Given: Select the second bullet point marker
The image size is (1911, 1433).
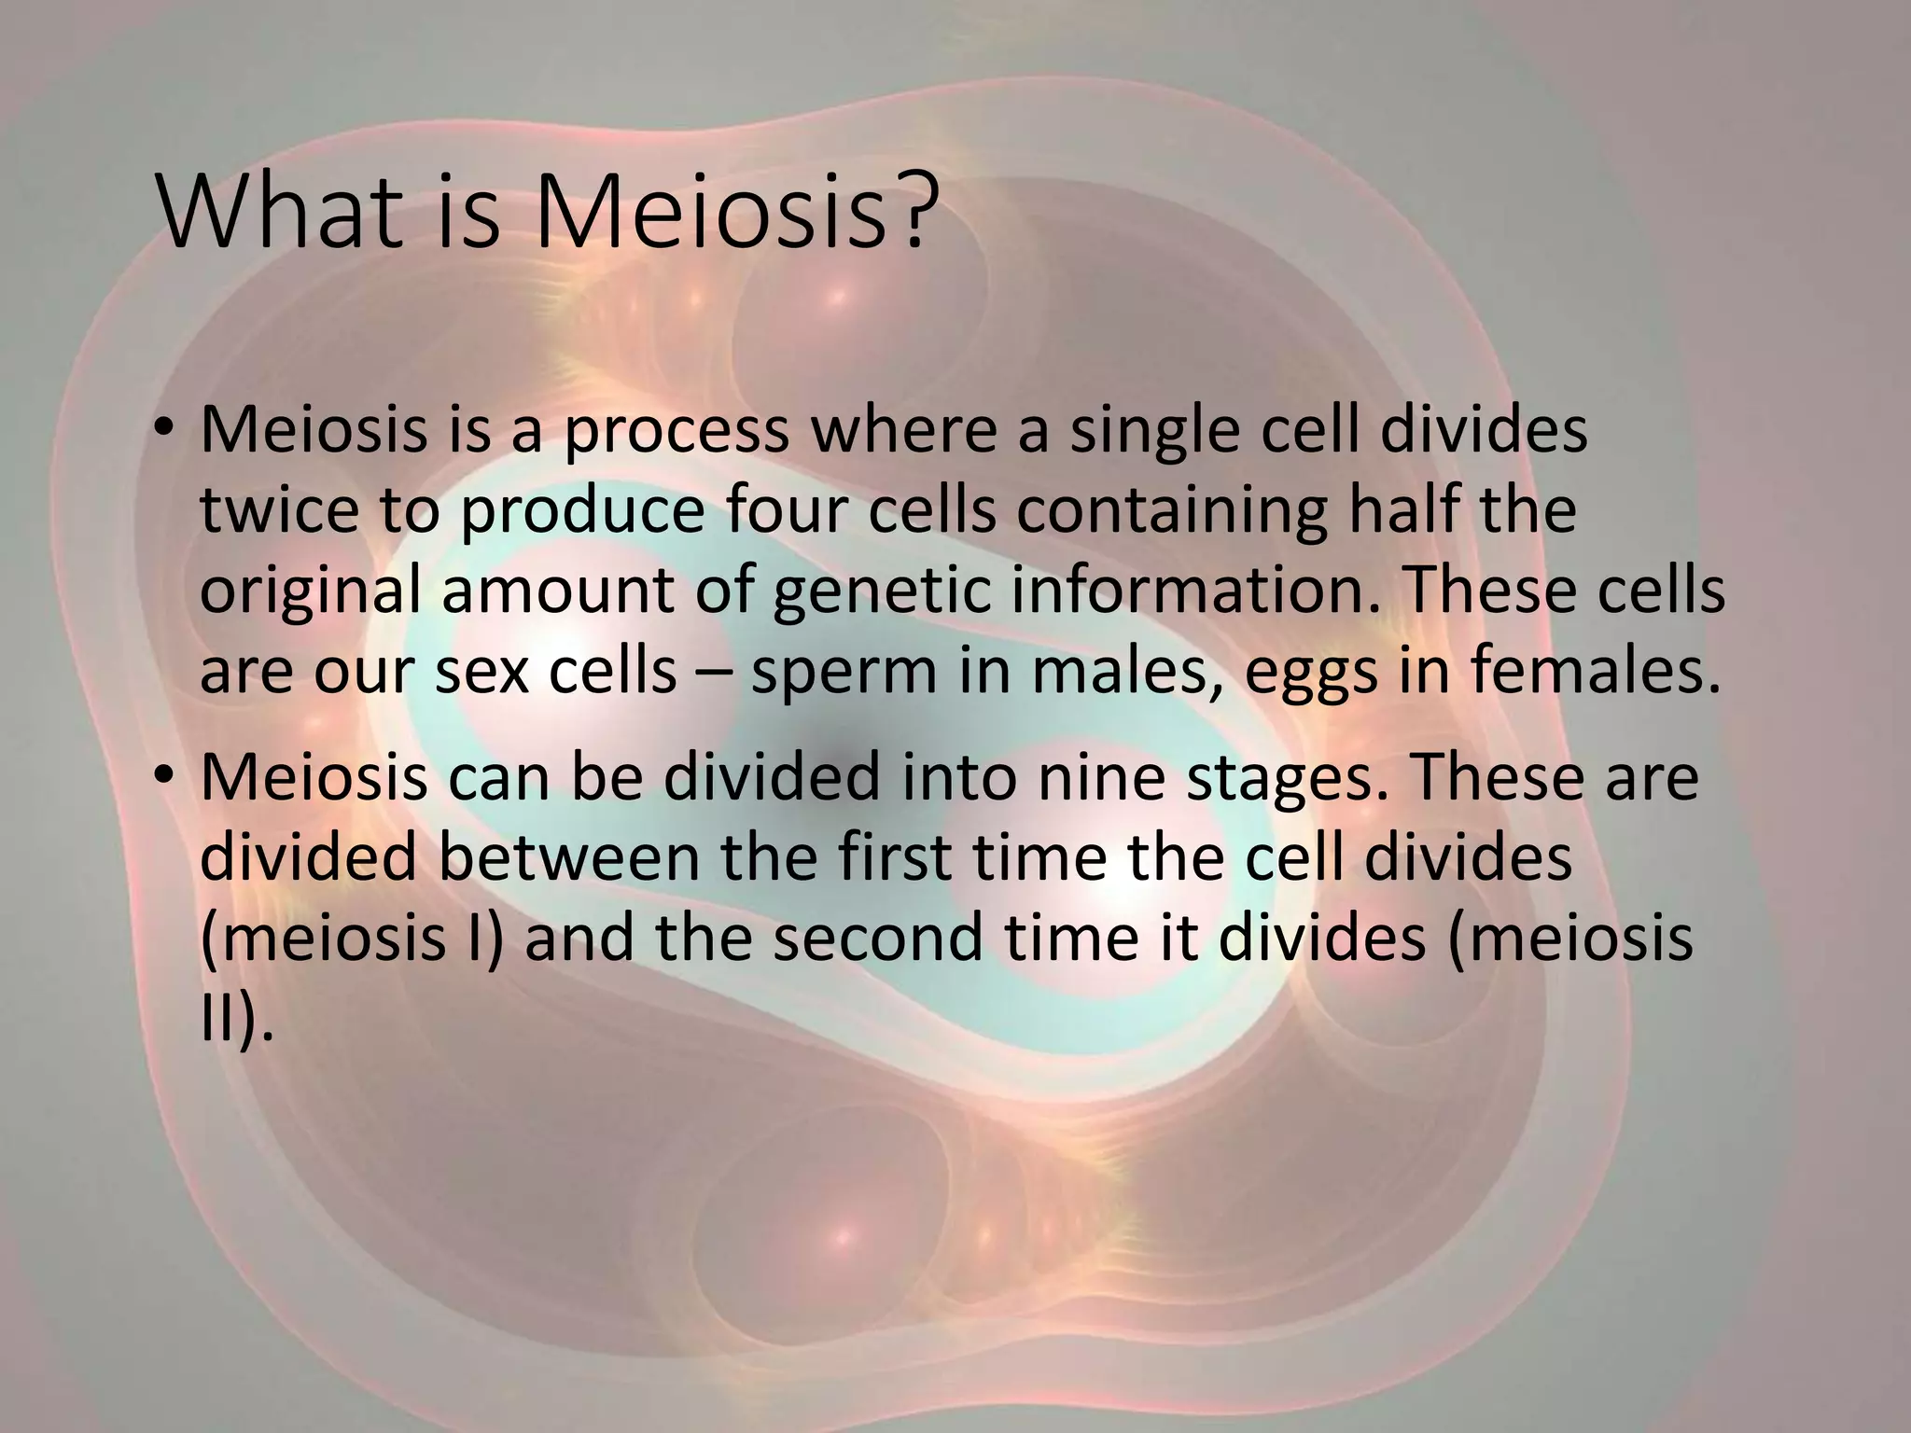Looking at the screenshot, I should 165,775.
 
